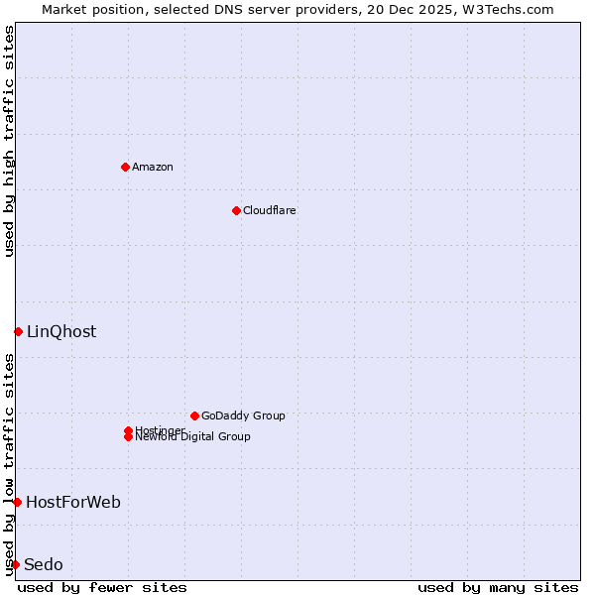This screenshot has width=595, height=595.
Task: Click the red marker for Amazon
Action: pyautogui.click(x=125, y=167)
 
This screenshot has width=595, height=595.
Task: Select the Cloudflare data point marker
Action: pyautogui.click(x=236, y=210)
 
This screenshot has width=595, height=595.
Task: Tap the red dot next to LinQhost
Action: pyautogui.click(x=18, y=331)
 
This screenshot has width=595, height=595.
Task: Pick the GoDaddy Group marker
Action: pyautogui.click(x=194, y=416)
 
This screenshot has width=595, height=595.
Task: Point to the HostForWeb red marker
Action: pyautogui.click(x=17, y=502)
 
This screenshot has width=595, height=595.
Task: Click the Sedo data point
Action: pyautogui.click(x=15, y=564)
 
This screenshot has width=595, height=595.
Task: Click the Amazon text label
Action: pyautogui.click(x=152, y=167)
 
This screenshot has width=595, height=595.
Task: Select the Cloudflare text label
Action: pyautogui.click(x=269, y=210)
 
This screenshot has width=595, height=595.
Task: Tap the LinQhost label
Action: pyautogui.click(x=61, y=331)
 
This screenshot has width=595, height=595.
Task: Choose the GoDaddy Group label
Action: pyautogui.click(x=243, y=416)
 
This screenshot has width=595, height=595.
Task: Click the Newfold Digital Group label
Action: pyautogui.click(x=192, y=436)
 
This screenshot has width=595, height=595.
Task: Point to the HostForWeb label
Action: pyautogui.click(x=73, y=502)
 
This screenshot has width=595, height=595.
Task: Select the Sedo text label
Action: pyautogui.click(x=44, y=564)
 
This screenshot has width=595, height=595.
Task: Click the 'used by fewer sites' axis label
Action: pyautogui.click(x=102, y=587)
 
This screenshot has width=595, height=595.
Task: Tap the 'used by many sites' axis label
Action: pyautogui.click(x=498, y=587)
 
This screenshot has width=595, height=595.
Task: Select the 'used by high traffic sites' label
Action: pyautogui.click(x=9, y=141)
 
